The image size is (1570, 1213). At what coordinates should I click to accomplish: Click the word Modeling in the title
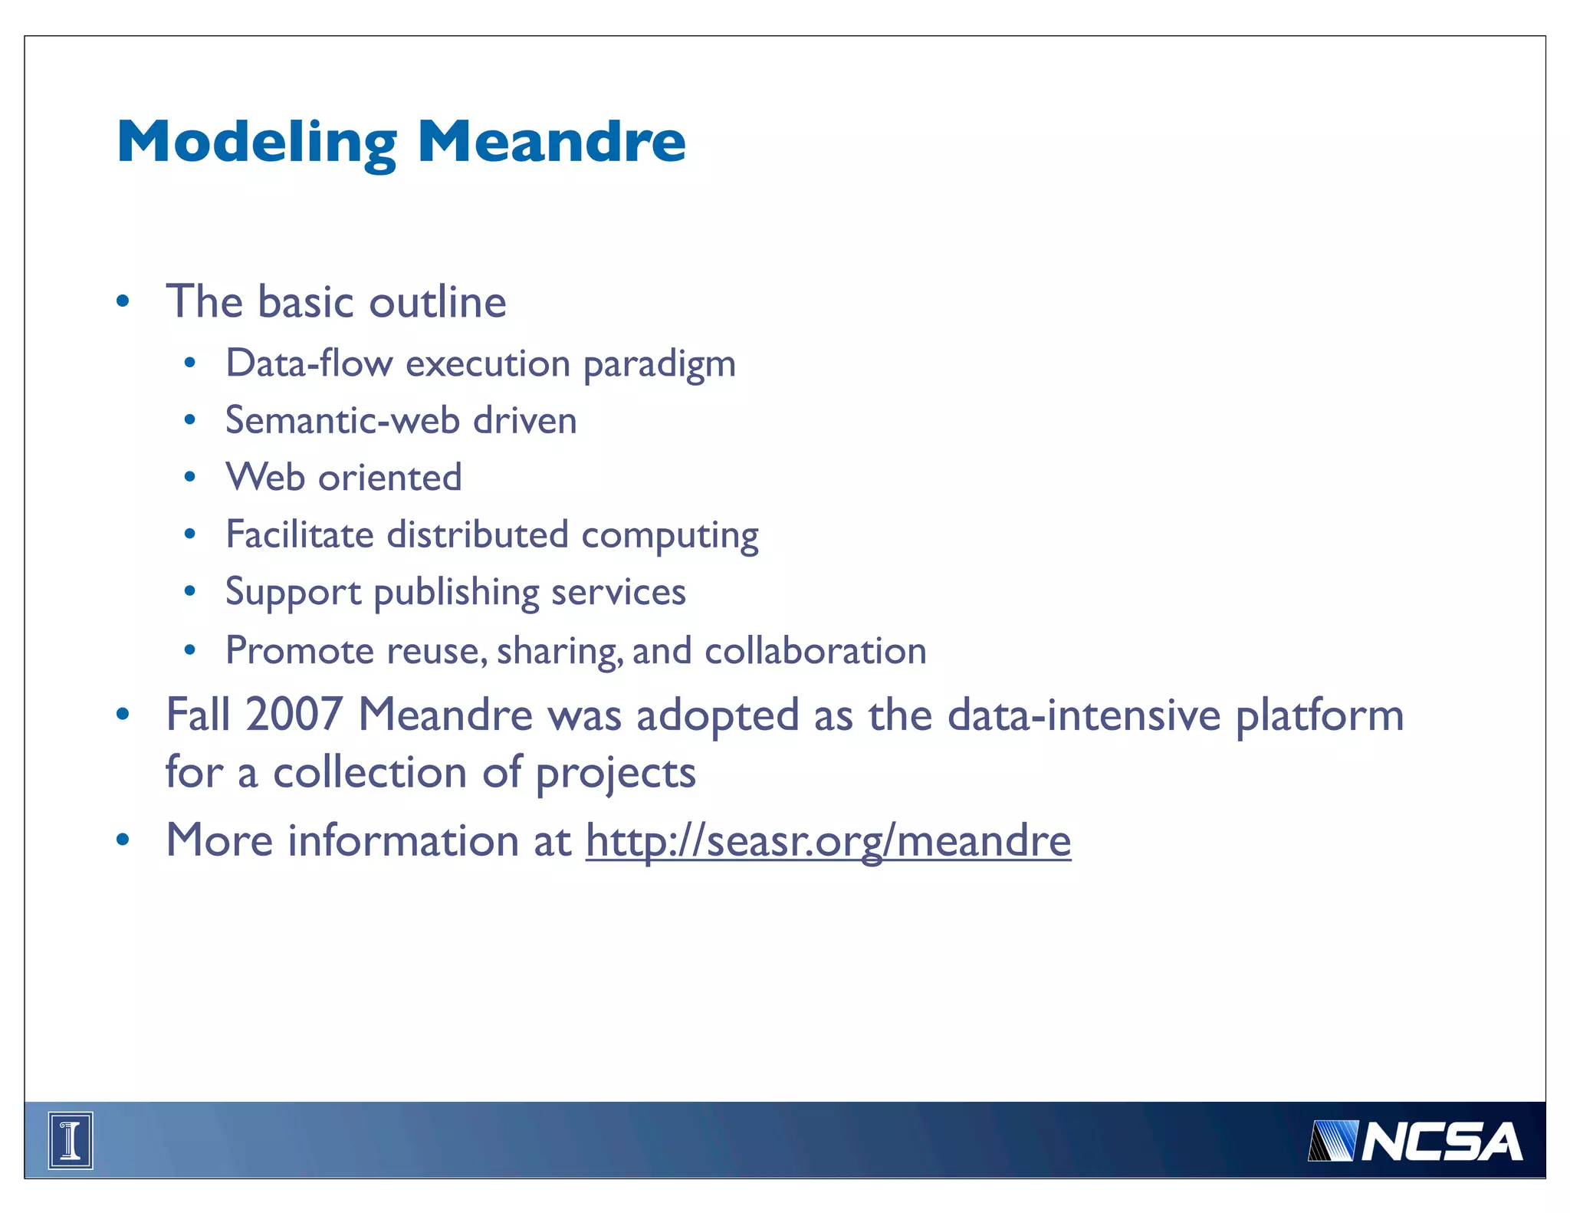coord(257,143)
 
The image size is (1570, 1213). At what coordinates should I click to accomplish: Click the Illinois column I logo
coord(71,1140)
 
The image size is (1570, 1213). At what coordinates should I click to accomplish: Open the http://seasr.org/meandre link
coord(828,840)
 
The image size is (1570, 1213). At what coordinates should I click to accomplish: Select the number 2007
coord(294,715)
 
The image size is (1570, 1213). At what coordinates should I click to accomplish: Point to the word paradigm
coord(659,364)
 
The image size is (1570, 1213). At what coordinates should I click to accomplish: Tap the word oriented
coord(390,478)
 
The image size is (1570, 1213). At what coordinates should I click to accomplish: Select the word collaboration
coord(815,651)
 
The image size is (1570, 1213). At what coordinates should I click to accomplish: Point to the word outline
coord(437,301)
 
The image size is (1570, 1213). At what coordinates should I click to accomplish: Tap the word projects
coord(616,773)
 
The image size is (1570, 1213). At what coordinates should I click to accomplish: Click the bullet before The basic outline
coord(123,301)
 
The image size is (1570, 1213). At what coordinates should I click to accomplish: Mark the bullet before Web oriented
coord(190,478)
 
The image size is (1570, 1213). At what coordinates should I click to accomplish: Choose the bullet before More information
coord(123,840)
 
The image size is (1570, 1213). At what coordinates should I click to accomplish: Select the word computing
coord(669,535)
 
